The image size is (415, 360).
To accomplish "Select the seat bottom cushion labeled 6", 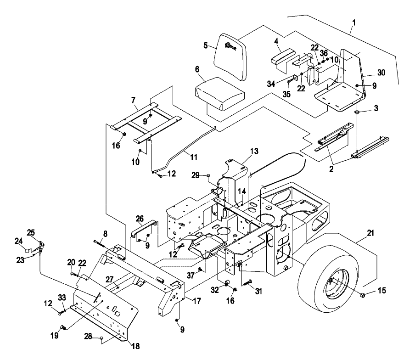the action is pyautogui.click(x=219, y=94).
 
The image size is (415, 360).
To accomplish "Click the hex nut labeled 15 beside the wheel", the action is pyautogui.click(x=363, y=295).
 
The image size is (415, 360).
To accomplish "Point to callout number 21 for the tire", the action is pyautogui.click(x=370, y=233).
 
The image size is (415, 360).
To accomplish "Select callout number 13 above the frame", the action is pyautogui.click(x=254, y=151).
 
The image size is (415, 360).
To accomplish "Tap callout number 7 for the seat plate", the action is pyautogui.click(x=133, y=100).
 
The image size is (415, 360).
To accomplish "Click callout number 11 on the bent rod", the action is pyautogui.click(x=194, y=157).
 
